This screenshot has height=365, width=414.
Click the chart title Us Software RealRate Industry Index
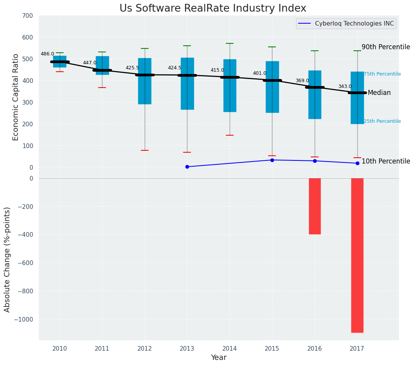213,9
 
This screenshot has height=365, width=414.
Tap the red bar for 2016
315,206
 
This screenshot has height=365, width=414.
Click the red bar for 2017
357,255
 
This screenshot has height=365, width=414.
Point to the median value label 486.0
47,54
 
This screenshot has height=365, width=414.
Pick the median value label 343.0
345,87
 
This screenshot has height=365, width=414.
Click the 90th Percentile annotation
386,47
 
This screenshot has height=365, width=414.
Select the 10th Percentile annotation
386,161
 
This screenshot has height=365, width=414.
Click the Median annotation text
379,93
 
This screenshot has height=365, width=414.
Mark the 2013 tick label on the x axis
187,349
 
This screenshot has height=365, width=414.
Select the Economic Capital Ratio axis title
16,97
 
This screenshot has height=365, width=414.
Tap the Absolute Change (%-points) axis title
7,259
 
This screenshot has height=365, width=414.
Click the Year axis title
218,358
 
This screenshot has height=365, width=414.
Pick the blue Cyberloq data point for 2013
187,167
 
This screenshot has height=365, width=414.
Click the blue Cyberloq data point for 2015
272,160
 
